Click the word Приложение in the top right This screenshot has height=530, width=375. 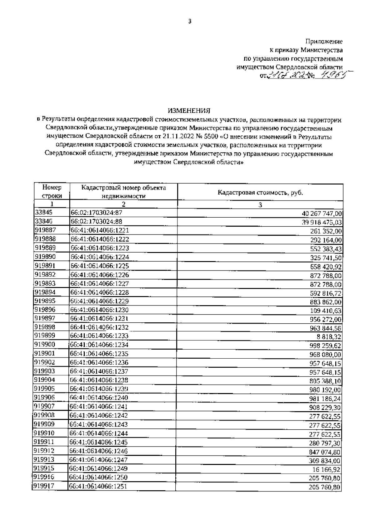(x=324, y=42)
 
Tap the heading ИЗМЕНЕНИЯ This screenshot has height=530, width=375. (x=189, y=110)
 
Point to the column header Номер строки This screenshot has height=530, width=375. (x=52, y=191)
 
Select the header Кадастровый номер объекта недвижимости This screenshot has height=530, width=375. (x=123, y=191)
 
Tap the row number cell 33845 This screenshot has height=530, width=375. (x=44, y=213)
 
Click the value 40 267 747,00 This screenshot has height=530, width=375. (x=322, y=214)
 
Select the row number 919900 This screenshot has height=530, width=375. (x=45, y=345)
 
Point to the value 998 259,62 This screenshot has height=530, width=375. (x=325, y=346)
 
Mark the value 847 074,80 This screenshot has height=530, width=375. (x=325, y=452)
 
